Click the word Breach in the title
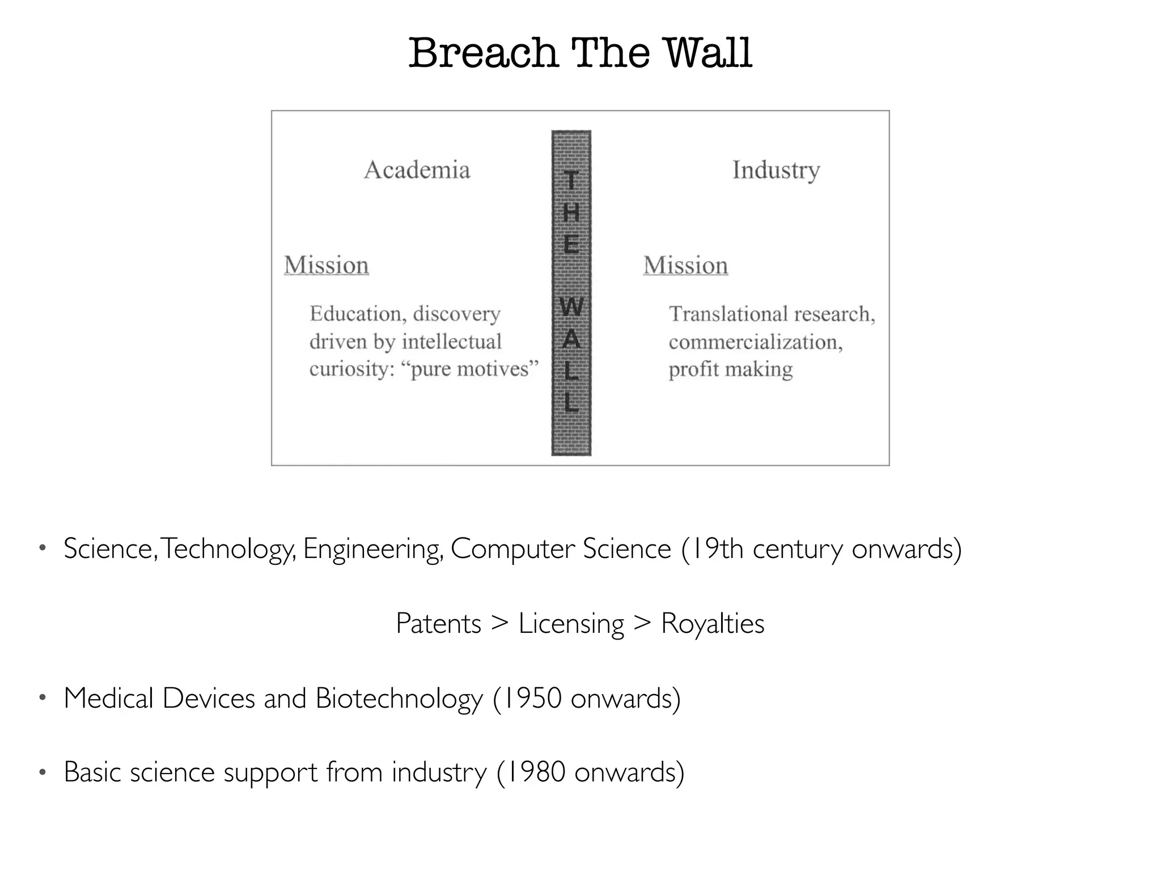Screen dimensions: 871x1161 [483, 53]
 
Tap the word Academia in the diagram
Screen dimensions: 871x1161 [417, 170]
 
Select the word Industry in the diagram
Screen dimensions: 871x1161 [776, 170]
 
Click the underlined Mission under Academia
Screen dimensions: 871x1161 [327, 265]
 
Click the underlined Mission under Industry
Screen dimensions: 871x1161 [685, 265]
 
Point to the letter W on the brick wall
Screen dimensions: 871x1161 [571, 307]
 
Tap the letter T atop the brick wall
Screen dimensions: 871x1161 [571, 181]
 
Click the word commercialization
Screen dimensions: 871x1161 [755, 342]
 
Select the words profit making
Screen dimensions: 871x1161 [730, 369]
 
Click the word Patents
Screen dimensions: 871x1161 [438, 624]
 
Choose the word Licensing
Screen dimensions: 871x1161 [571, 624]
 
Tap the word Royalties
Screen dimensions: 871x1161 [713, 624]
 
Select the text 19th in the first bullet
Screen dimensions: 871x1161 [717, 549]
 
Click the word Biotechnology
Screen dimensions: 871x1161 [399, 698]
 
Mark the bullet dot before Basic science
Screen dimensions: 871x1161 [41, 772]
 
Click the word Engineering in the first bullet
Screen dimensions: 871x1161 [372, 549]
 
